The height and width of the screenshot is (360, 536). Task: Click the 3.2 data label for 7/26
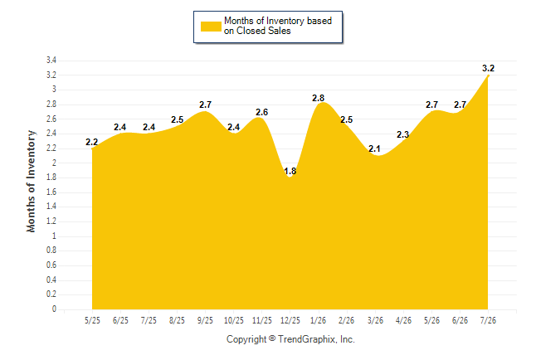(488, 68)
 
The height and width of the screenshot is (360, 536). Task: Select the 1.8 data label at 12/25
(290, 171)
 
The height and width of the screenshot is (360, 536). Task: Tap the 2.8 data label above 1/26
(319, 98)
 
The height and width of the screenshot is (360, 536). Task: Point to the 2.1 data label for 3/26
(375, 148)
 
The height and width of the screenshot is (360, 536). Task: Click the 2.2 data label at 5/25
(91, 142)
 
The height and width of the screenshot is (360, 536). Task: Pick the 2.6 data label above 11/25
(262, 112)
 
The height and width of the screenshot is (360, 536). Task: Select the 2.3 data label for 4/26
(403, 134)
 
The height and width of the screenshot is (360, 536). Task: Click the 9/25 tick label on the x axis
(205, 320)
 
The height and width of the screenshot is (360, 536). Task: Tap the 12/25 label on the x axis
(290, 320)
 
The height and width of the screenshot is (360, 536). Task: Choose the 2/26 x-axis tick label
(346, 320)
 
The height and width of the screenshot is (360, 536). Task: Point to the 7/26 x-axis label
(488, 320)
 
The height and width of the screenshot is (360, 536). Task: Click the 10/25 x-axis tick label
(234, 320)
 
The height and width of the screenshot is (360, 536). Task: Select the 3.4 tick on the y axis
(51, 61)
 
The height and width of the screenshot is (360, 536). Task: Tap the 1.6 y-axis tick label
(51, 192)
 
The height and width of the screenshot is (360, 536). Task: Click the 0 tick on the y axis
(54, 309)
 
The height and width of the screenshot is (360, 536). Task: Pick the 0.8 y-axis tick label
(51, 251)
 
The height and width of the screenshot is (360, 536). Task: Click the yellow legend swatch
(211, 27)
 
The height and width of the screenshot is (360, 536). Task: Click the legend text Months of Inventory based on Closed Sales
(278, 26)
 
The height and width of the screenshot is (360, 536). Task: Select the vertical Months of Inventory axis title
(31, 181)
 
